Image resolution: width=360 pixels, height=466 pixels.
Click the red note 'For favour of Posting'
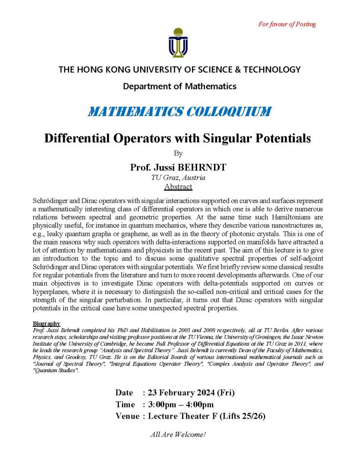pos(287,24)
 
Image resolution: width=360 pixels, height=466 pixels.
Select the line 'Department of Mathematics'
pos(180,86)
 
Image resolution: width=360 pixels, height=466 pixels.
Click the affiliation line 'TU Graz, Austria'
pos(178,177)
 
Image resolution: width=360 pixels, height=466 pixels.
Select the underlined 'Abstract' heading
pos(178,187)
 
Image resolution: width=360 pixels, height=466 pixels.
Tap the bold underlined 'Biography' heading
pos(47,323)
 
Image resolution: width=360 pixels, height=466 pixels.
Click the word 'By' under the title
pos(178,153)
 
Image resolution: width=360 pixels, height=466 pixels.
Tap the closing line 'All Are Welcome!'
pos(178,434)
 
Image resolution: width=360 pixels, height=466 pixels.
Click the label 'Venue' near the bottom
pos(127,416)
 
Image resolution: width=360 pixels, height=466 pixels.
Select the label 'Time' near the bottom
pos(125,404)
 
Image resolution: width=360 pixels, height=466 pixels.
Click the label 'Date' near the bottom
pos(124,392)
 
